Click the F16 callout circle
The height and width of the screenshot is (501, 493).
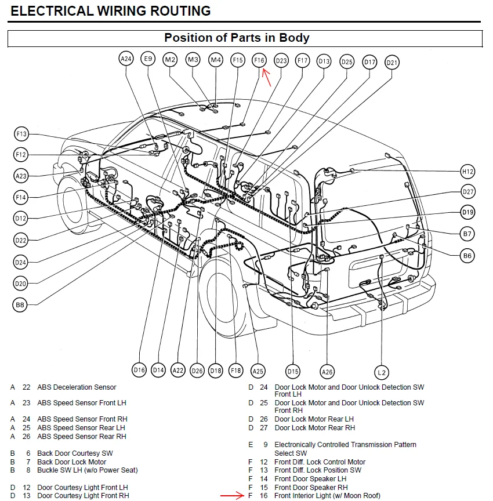pyautogui.click(x=259, y=60)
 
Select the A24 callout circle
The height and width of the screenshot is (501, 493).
pyautogui.click(x=126, y=59)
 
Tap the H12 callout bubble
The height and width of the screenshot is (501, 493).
pyautogui.click(x=468, y=171)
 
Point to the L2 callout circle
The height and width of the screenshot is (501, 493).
pyautogui.click(x=381, y=372)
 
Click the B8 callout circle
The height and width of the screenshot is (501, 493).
pyautogui.click(x=20, y=304)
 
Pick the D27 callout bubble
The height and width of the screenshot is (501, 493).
pyautogui.click(x=469, y=192)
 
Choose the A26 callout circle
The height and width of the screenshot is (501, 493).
pyautogui.click(x=327, y=372)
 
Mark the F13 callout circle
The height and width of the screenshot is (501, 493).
pyautogui.click(x=21, y=135)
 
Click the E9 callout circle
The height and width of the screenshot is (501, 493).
pyautogui.click(x=148, y=59)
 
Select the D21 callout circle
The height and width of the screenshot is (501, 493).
pyautogui.click(x=392, y=63)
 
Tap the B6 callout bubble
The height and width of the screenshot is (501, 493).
pyautogui.click(x=467, y=255)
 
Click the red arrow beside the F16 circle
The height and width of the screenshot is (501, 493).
pyautogui.click(x=267, y=77)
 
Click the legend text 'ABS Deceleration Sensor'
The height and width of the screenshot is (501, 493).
pyautogui.click(x=77, y=387)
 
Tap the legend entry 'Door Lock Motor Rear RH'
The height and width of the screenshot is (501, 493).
pyautogui.click(x=322, y=428)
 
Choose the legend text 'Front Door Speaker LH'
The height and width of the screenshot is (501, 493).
pyautogui.click(x=310, y=479)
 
